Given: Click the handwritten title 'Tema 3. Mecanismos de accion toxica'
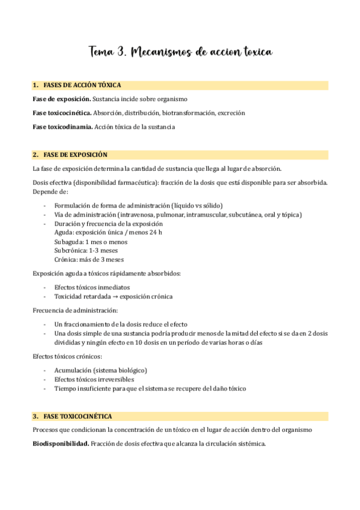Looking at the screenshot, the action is (180, 52).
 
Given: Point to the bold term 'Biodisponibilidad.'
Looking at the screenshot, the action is (62, 444).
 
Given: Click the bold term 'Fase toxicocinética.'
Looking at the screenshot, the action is (62, 112).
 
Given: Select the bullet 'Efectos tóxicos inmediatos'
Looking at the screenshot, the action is (92, 287).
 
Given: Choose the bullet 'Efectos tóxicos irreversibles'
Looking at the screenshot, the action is (94, 379).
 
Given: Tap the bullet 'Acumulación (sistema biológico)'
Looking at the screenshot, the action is (100, 370).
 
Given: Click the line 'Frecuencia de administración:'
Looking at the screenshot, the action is (75, 310).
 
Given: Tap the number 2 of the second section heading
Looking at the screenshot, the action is (35, 155).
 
